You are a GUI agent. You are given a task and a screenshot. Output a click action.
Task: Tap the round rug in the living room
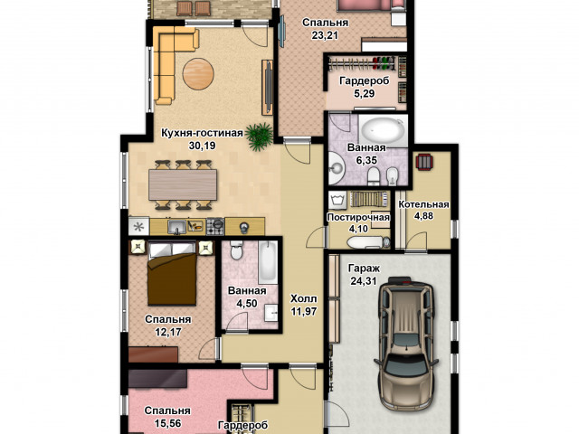click(198, 74)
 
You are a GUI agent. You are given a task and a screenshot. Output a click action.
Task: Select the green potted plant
click(261, 136)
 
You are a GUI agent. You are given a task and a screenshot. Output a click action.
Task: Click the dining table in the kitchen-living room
click(183, 184)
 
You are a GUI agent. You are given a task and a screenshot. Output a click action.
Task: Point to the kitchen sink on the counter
click(177, 227)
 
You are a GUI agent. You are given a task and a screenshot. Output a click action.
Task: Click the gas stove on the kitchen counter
click(215, 226)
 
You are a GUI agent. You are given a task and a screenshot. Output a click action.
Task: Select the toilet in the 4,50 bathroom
click(235, 250)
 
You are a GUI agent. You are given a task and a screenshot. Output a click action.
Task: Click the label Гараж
click(364, 269)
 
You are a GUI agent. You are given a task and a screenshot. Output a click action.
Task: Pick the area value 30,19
click(202, 146)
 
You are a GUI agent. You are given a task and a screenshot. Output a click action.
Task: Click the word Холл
click(303, 298)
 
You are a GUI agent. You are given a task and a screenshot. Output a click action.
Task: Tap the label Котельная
click(423, 204)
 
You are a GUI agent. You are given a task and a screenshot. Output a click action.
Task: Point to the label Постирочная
click(358, 217)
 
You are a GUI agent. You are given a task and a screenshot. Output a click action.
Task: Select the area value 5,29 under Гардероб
click(364, 94)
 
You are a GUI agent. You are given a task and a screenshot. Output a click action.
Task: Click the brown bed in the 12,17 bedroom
click(172, 273)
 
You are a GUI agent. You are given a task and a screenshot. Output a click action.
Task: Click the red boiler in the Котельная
click(425, 162)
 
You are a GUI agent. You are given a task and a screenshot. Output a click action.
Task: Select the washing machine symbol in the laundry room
click(337, 201)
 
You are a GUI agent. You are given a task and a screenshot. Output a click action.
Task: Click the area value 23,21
click(325, 35)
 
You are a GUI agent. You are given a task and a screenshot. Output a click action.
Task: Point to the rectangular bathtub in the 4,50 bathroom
click(268, 262)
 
